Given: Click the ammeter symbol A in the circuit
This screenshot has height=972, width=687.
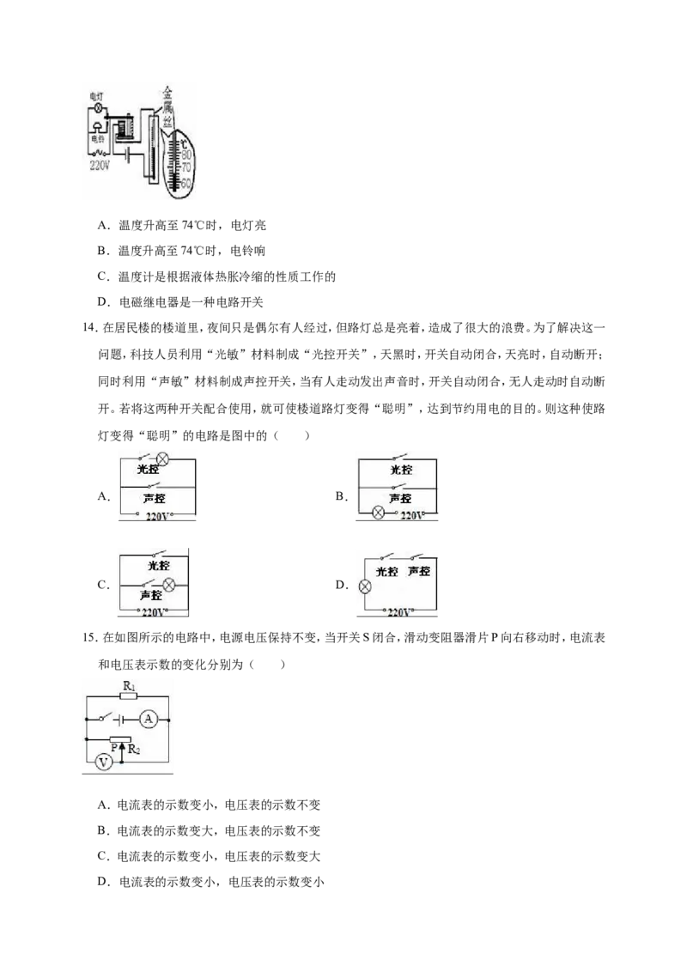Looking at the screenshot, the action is coord(148,719).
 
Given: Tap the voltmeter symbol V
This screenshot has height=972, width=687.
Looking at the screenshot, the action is coord(104,762).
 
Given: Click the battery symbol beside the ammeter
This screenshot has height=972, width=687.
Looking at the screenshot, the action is coord(121,719).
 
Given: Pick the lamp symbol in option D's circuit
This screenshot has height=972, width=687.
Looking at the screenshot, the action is coord(365,586).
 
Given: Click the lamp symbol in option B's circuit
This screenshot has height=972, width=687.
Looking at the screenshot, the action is coord(378,513).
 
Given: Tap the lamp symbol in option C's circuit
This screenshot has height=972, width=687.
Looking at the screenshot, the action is coord(168,585).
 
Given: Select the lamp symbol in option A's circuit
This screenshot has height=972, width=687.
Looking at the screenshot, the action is coord(162,459).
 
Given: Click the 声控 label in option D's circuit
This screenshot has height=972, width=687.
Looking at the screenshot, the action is coord(418,571).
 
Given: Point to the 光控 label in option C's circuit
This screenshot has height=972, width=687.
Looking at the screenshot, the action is coord(158,565).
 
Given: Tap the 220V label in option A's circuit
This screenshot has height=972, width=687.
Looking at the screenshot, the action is coord(157,516).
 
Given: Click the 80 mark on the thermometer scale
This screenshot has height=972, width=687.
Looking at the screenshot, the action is coord(186,155).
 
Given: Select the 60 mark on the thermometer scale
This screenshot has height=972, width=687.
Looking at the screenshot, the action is coord(185,184).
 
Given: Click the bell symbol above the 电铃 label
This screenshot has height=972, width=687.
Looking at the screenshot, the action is coord(98,127).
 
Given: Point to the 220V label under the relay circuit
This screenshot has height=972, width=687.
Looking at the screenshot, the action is coord(100,166).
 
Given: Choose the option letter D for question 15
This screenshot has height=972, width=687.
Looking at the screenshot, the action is coord(104,882).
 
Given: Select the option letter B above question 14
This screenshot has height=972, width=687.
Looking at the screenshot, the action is coord(103,251).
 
